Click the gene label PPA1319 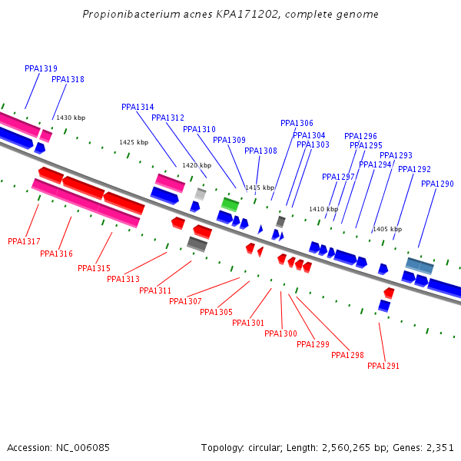click(x=41, y=68)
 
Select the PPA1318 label click(x=68, y=79)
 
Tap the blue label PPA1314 click(x=138, y=107)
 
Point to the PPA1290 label click(x=437, y=184)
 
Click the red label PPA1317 click(x=24, y=241)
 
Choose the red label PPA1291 click(x=383, y=366)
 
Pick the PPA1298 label click(x=347, y=355)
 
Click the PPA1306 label click(x=297, y=123)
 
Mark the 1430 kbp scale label click(x=71, y=118)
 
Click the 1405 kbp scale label click(x=387, y=229)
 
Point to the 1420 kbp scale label click(x=196, y=165)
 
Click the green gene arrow click(x=230, y=204)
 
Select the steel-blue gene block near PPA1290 click(x=420, y=266)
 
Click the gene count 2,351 click(x=439, y=447)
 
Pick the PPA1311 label click(x=155, y=290)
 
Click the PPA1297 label click(x=338, y=177)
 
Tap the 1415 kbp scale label click(x=260, y=187)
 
